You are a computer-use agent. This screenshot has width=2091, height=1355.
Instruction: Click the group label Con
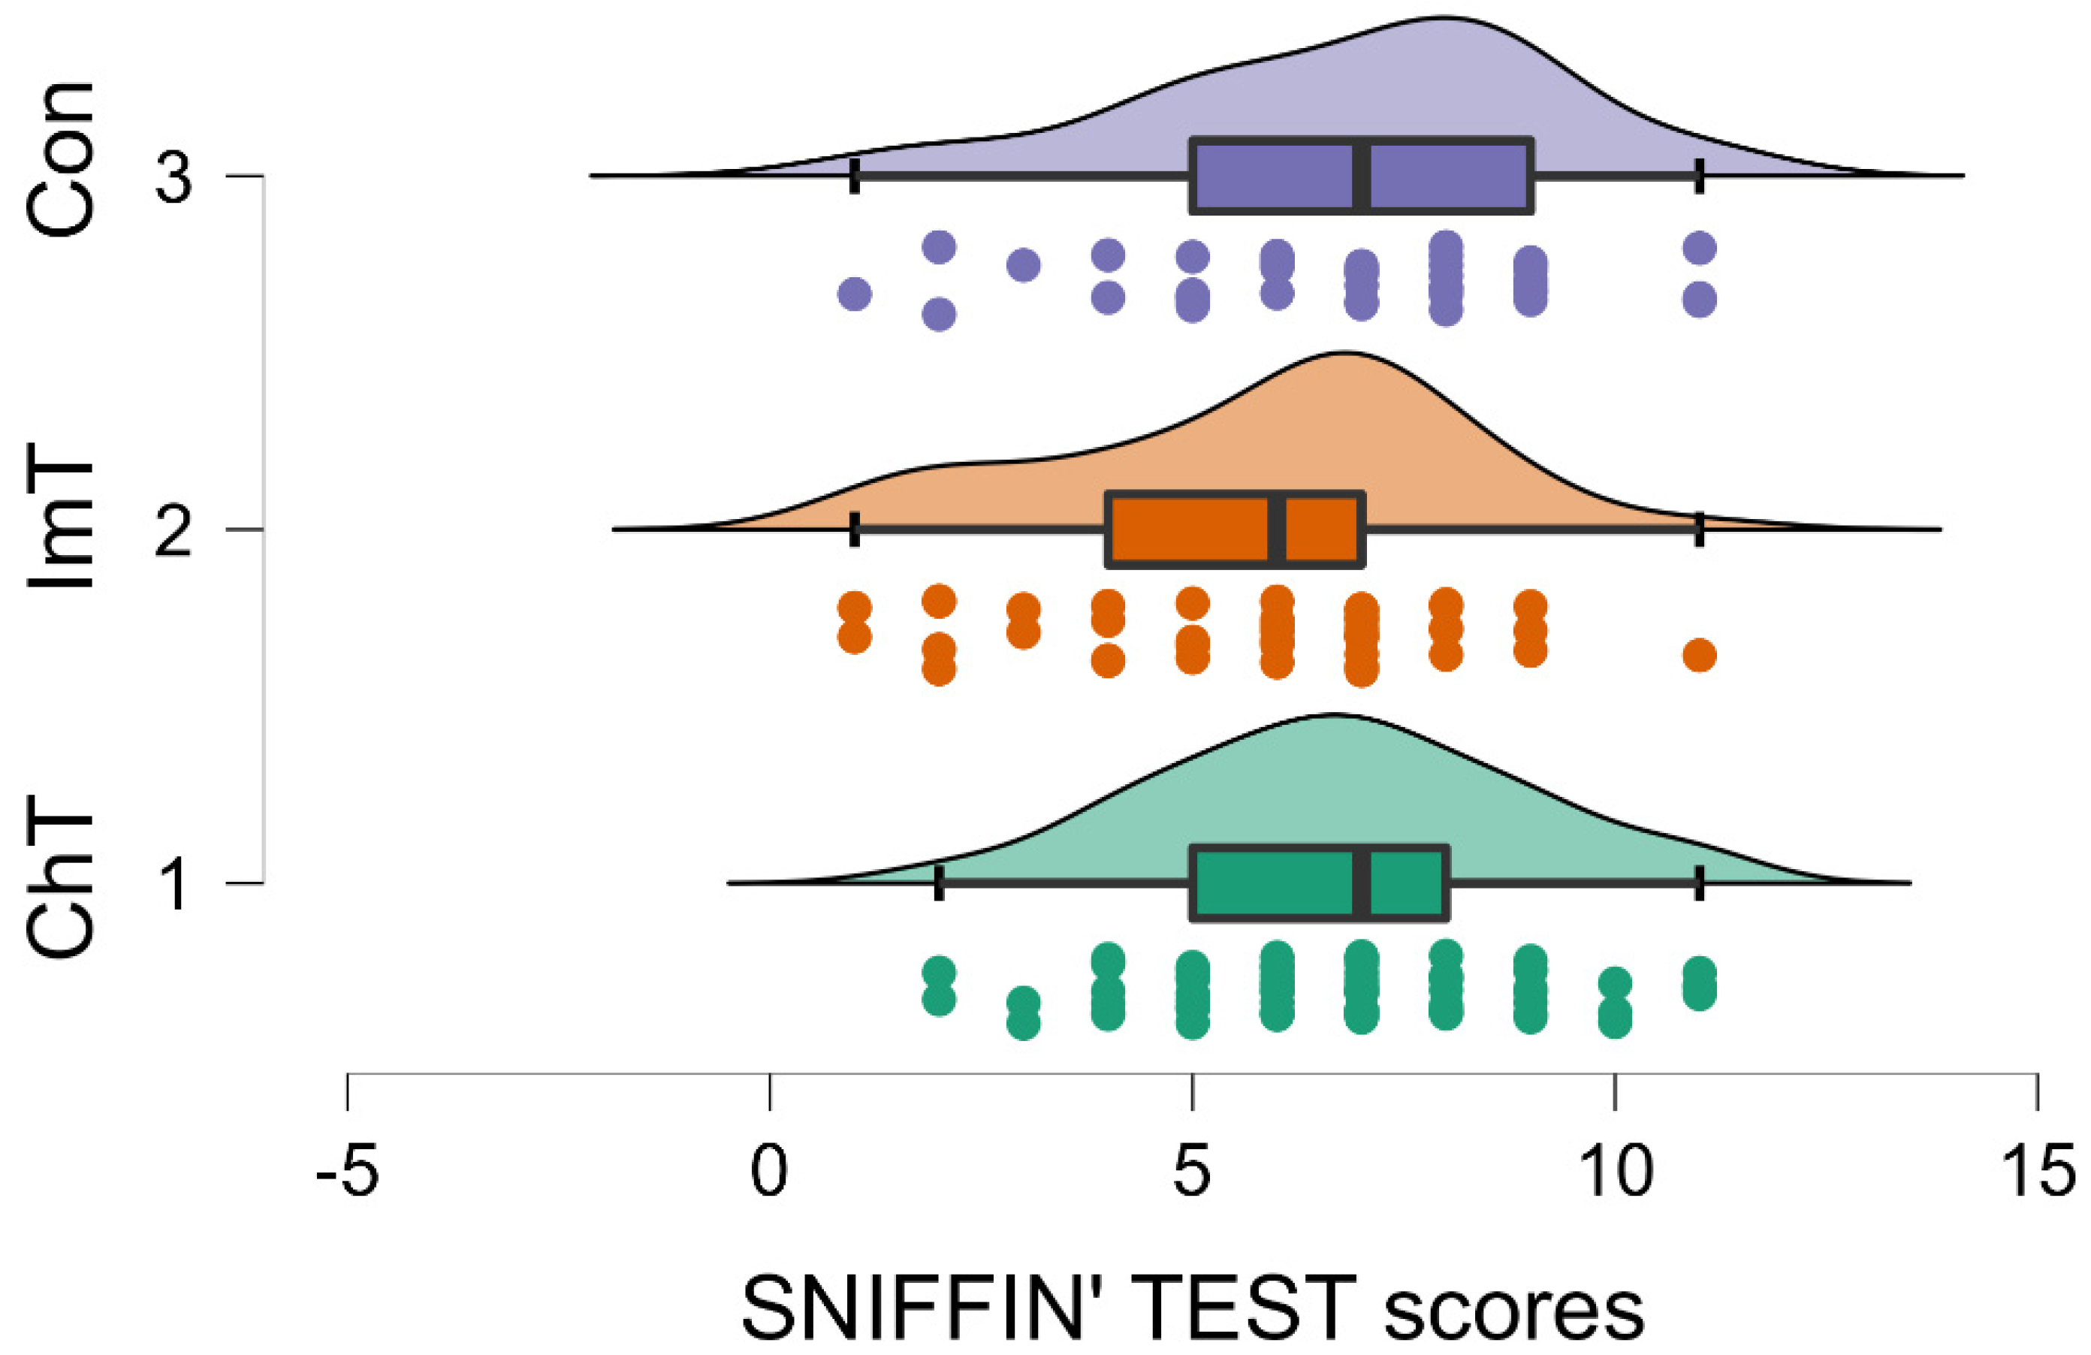[x=60, y=160]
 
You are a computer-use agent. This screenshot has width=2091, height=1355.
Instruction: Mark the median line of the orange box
[x=1278, y=530]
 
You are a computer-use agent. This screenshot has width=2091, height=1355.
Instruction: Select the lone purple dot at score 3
[x=1024, y=264]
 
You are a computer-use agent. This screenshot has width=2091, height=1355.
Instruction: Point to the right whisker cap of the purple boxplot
[x=1700, y=177]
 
